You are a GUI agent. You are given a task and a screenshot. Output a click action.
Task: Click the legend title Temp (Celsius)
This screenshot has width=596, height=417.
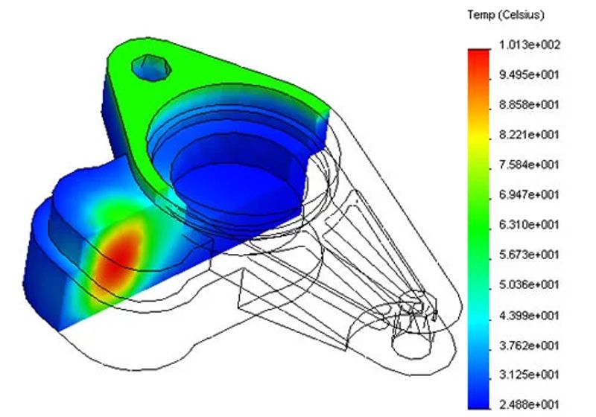point(506,15)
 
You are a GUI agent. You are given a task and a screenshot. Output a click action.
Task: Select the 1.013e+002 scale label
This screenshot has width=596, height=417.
point(530,45)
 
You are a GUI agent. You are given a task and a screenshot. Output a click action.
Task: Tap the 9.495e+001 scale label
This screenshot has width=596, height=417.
point(530,74)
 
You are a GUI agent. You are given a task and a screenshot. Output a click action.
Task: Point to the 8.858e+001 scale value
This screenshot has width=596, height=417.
point(530,104)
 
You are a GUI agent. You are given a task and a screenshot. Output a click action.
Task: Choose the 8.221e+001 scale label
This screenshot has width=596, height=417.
point(530,135)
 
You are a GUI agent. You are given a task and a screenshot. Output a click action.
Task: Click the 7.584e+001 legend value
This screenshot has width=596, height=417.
point(530,165)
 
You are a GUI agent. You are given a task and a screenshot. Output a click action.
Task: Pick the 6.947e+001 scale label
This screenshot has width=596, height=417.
point(530,195)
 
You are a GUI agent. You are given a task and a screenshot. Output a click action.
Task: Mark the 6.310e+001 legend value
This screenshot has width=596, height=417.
point(530,224)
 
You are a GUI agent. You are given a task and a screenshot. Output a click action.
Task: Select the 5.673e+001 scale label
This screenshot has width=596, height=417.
point(530,254)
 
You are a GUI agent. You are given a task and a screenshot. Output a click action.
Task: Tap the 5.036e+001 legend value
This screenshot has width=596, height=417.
point(530,284)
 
